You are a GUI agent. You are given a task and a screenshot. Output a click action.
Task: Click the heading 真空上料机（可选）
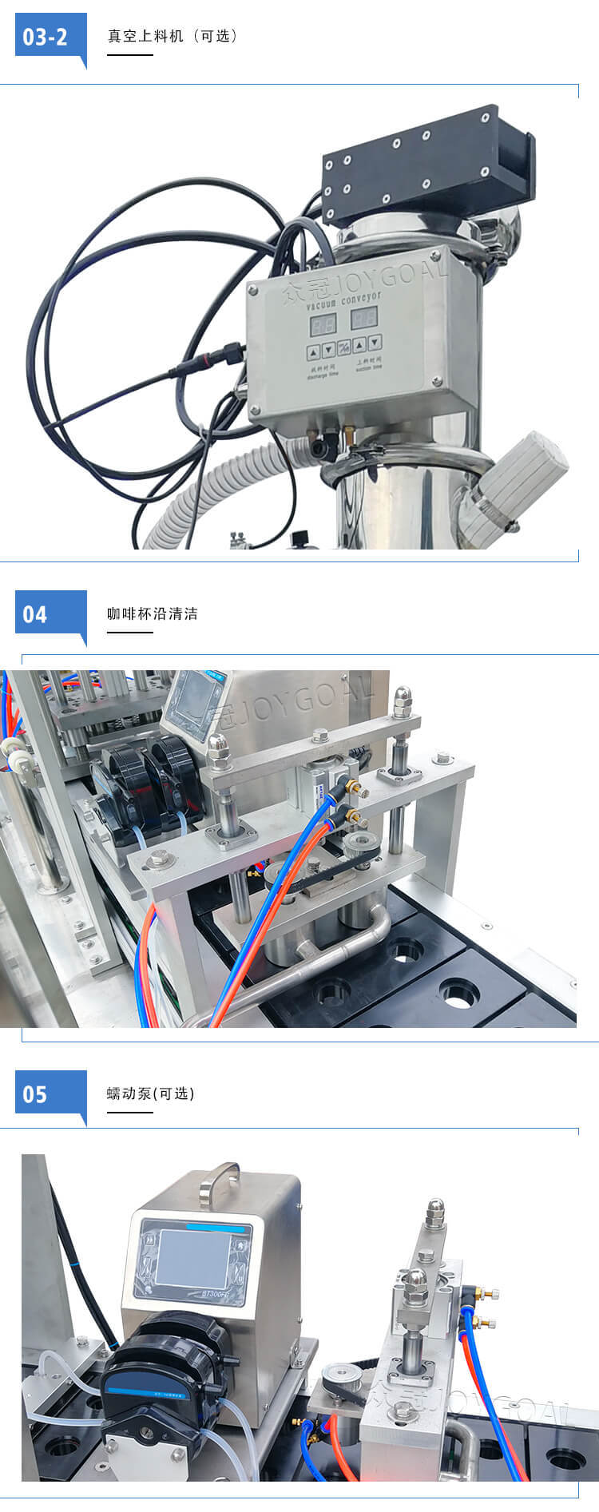(173, 36)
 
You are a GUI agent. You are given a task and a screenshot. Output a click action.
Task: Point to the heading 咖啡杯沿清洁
(153, 614)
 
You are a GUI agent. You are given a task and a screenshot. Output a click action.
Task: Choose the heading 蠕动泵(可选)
(151, 1093)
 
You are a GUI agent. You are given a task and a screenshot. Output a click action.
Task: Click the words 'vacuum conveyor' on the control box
(343, 300)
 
